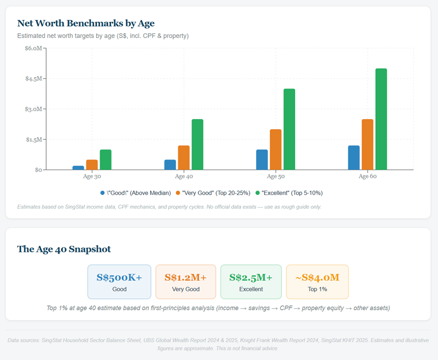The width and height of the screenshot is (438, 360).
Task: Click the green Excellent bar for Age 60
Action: (381, 119)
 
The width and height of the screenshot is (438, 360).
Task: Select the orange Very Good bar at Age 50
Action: (275, 150)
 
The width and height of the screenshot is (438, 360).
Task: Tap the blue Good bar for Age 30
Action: (78, 168)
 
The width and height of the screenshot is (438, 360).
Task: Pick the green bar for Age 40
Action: (197, 144)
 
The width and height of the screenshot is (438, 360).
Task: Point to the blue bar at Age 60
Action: (354, 157)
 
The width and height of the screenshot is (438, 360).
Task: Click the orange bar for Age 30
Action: (92, 165)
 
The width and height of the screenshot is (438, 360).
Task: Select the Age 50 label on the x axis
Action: (275, 176)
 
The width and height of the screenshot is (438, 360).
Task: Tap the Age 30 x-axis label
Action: (92, 176)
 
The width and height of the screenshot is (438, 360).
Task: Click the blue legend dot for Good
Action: (102, 193)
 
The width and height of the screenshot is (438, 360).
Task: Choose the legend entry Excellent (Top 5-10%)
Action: (292, 193)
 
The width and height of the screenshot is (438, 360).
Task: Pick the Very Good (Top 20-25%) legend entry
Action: (216, 193)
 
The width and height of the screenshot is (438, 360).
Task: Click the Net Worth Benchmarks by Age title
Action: (85, 23)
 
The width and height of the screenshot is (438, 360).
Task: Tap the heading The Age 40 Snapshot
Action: (64, 249)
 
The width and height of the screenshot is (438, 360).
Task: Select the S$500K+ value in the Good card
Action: (119, 277)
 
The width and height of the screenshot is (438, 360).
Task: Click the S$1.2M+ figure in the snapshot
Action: (185, 277)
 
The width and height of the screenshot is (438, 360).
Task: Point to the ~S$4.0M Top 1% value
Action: (317, 277)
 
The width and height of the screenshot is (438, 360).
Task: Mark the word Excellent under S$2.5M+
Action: (251, 289)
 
